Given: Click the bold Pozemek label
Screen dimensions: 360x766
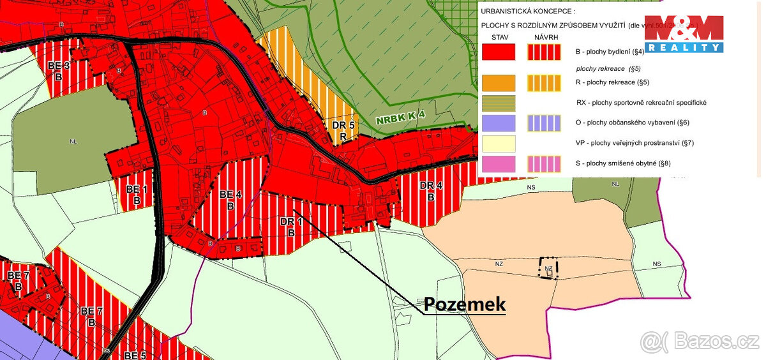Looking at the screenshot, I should [x=464, y=304].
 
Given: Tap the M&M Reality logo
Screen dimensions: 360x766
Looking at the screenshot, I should [x=684, y=34].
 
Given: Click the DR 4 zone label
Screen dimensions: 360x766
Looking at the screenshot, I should [x=431, y=191].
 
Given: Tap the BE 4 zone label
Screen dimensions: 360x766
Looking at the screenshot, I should [x=230, y=199].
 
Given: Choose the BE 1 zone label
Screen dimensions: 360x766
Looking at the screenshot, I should [x=136, y=194].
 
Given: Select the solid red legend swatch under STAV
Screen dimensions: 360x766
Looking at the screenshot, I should [x=499, y=52].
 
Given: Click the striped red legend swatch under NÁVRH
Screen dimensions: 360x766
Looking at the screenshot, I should [x=544, y=52].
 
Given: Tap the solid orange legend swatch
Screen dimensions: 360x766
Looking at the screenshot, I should [x=499, y=82].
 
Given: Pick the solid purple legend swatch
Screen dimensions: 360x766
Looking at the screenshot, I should [x=499, y=123].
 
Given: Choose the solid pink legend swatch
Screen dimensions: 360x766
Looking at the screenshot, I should [x=499, y=163].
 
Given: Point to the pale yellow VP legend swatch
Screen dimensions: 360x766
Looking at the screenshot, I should [x=499, y=143].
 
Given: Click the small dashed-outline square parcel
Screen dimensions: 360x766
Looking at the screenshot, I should [x=548, y=269].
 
